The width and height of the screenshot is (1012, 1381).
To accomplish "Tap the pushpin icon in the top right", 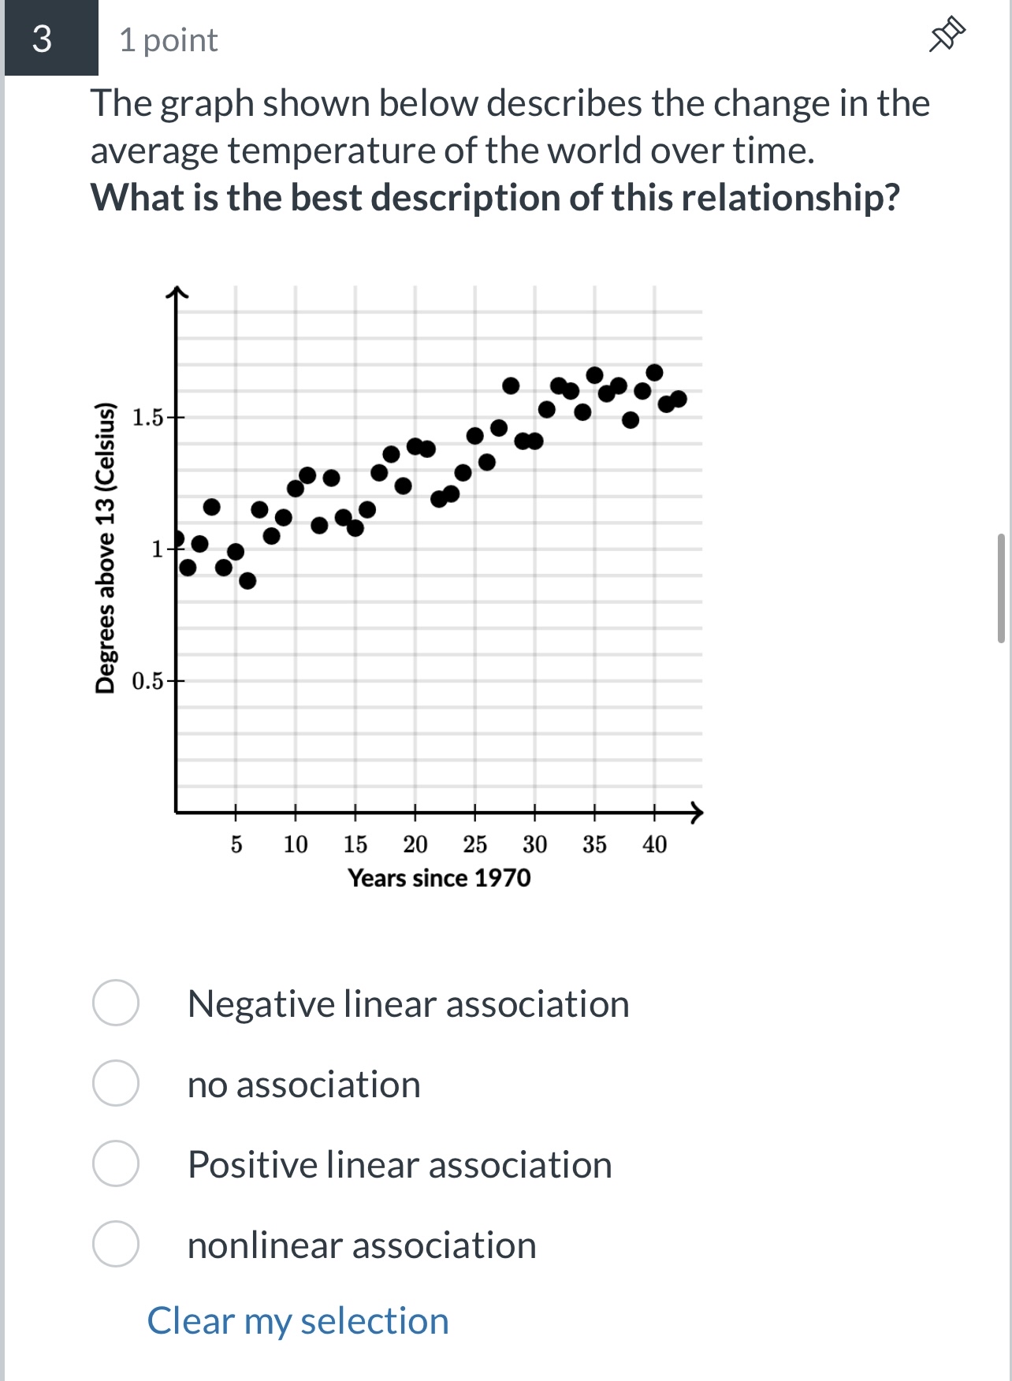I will click(947, 35).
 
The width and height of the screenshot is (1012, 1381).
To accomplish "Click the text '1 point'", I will click(168, 40).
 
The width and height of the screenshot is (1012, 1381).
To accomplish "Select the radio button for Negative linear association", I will click(116, 1003).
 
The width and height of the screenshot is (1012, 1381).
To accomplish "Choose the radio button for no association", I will click(116, 1083).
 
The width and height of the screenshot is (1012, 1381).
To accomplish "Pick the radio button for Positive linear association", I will click(116, 1163).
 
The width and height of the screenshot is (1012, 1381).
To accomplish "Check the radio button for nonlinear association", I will click(116, 1244).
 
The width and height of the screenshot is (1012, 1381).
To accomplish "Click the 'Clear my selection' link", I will click(298, 1321).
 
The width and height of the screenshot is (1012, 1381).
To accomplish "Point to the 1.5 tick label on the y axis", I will click(147, 417).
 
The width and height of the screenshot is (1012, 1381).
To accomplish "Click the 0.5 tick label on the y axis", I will click(147, 680).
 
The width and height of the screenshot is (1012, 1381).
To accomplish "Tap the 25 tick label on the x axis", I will click(474, 844).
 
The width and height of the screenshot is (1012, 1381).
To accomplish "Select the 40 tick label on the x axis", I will click(654, 844).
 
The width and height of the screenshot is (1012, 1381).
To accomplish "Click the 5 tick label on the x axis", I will click(236, 844).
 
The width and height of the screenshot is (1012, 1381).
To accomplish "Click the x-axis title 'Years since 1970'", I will click(439, 878).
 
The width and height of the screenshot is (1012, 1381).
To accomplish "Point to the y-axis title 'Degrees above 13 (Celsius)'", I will click(105, 548).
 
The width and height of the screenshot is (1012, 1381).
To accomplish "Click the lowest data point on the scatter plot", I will click(247, 581).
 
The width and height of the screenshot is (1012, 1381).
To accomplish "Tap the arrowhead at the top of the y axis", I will click(177, 292).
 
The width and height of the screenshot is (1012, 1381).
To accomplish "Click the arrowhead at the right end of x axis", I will click(696, 811).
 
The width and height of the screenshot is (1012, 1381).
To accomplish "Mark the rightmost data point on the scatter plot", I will click(679, 399).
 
